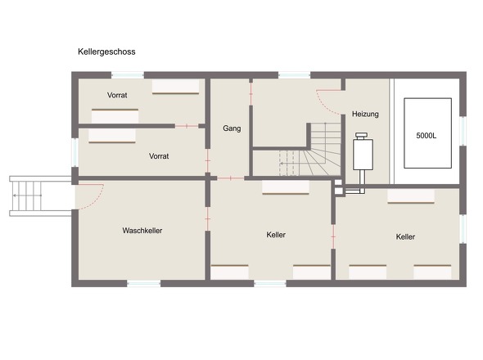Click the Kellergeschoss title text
(x=106, y=52)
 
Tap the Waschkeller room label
(x=142, y=231)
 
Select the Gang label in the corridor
(x=232, y=128)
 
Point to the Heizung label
(x=365, y=114)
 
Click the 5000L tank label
(x=427, y=136)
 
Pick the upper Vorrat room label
(x=117, y=95)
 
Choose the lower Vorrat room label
(x=159, y=156)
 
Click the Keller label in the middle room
(x=276, y=235)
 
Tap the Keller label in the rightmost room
(x=405, y=236)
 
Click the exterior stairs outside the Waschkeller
(x=40, y=196)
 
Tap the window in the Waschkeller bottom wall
(x=144, y=284)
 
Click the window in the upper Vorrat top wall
(x=128, y=74)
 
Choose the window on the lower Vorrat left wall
(x=74, y=152)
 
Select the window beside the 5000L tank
(x=463, y=131)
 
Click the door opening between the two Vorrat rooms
(x=187, y=126)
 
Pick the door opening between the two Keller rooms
(x=333, y=236)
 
